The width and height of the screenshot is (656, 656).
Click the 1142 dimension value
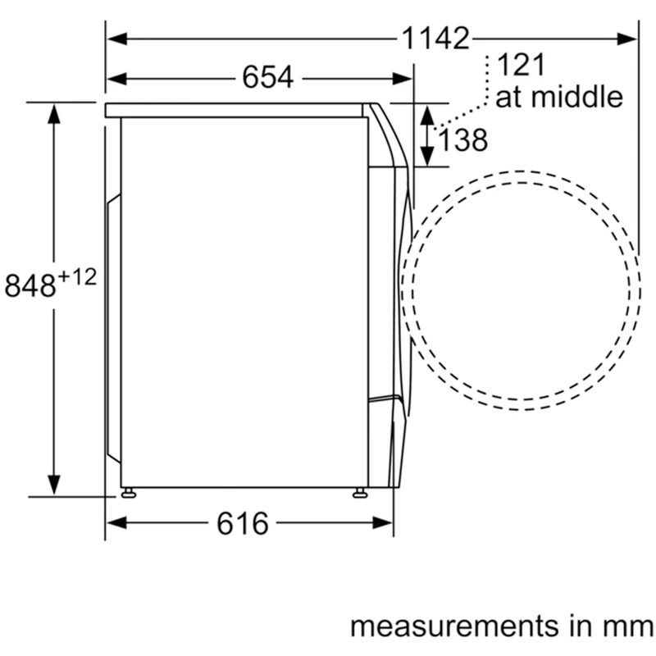(x=435, y=39)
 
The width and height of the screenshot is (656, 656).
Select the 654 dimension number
(x=268, y=77)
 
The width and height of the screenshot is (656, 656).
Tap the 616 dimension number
(x=242, y=523)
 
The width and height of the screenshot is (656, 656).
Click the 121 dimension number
(x=521, y=65)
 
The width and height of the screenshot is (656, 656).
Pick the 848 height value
(x=30, y=285)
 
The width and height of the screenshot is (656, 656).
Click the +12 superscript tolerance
(x=77, y=277)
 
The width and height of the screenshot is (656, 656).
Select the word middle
(x=577, y=96)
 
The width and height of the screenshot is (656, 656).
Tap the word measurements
(x=454, y=626)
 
